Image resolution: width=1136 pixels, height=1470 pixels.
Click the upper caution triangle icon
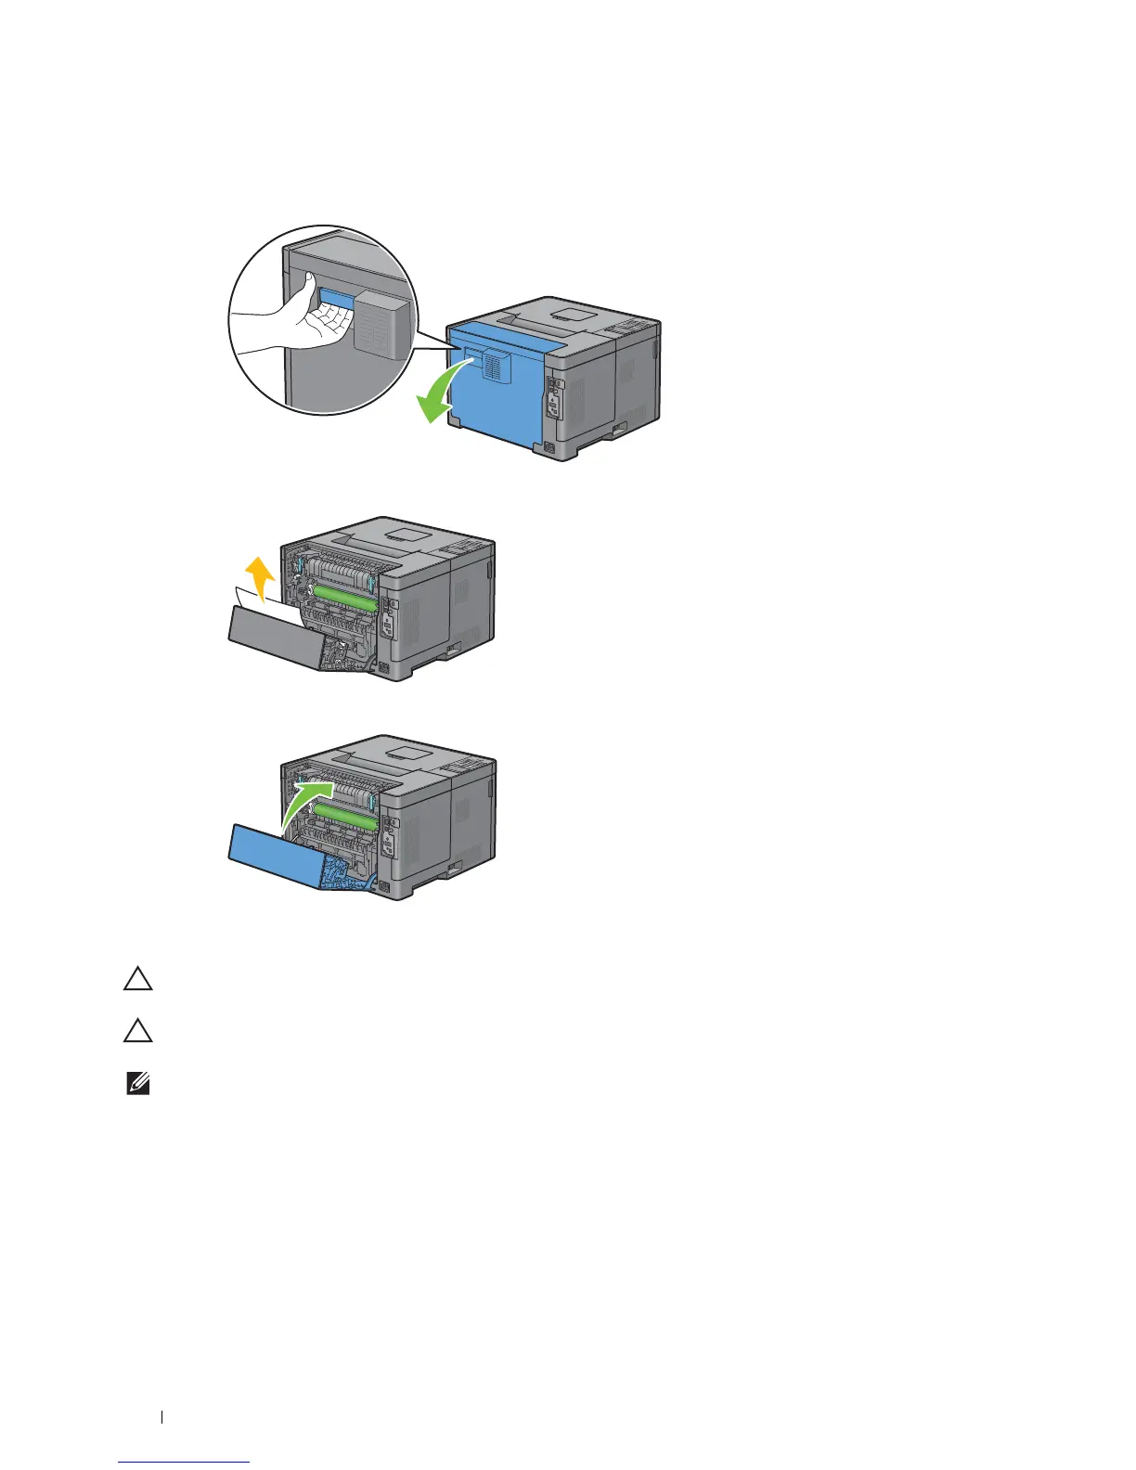[x=138, y=981]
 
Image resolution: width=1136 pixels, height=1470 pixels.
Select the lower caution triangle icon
[x=138, y=1032]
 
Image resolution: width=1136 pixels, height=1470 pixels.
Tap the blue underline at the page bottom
[x=185, y=1462]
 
